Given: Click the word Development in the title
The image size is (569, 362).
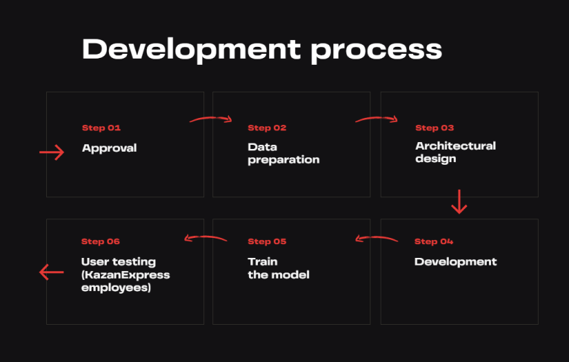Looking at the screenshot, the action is click(191, 50).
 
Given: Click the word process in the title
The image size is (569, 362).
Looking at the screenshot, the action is click(377, 52).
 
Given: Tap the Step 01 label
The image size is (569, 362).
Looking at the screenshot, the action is click(101, 128).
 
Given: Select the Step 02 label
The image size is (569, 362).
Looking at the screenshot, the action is click(267, 128).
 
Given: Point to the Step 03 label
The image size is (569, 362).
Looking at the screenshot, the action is click(435, 128).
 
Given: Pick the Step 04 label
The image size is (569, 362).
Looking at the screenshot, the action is click(434, 241).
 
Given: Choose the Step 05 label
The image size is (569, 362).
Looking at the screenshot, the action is click(267, 241).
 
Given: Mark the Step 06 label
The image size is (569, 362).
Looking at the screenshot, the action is click(101, 241).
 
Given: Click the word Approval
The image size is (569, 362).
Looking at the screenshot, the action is click(109, 148).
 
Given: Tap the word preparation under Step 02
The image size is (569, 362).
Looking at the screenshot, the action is click(283, 161).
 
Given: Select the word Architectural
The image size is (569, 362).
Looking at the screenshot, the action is click(455, 145).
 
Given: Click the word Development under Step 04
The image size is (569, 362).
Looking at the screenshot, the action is click(455, 262).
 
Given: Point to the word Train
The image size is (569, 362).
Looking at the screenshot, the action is click(263, 261).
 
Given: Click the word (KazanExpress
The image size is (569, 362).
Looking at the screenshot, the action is click(126, 275).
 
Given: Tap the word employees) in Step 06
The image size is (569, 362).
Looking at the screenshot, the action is click(116, 288).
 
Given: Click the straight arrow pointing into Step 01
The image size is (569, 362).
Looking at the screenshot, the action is click(52, 152).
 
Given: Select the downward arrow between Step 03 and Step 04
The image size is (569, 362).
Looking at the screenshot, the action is click(459, 201).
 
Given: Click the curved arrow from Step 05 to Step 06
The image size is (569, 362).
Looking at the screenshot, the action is click(206, 237).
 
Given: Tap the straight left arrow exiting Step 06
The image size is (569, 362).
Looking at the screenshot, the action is click(52, 272).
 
